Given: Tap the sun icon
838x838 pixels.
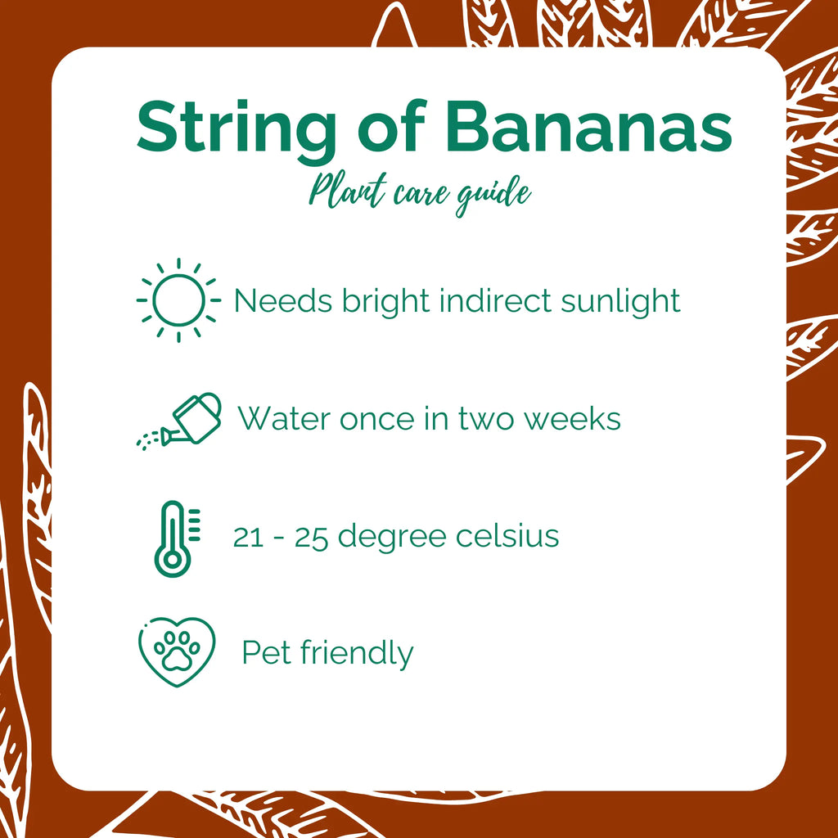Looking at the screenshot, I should (x=178, y=300).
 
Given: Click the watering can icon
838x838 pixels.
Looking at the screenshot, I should (x=182, y=419).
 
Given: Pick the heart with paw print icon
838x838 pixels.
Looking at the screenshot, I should (x=176, y=652).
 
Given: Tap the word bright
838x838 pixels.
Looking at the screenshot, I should (x=387, y=302).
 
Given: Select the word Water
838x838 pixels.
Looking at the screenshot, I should (x=284, y=419).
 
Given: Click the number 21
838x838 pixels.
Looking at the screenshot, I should (x=248, y=537).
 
